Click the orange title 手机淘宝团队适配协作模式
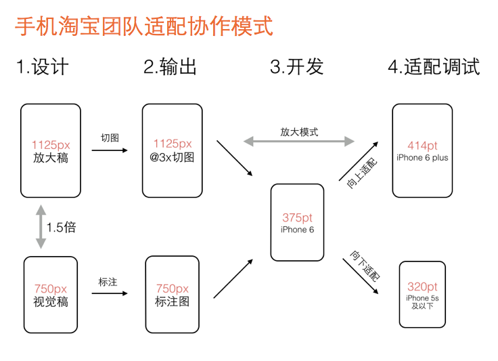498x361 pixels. click(144, 26)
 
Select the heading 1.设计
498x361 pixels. click(43, 67)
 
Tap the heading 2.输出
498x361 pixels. click(170, 67)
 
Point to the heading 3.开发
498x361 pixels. click(296, 67)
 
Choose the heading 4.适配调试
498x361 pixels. click(434, 67)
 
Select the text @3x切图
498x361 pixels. click(172, 157)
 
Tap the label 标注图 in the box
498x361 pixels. click(172, 301)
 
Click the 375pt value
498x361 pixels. click(297, 217)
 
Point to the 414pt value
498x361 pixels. click(422, 146)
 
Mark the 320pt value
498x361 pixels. click(422, 286)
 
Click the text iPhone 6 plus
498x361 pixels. click(422, 158)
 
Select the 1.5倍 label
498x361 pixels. click(62, 227)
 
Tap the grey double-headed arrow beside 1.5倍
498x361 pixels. click(41, 227)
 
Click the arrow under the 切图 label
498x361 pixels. click(110, 150)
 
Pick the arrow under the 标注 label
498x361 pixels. click(110, 293)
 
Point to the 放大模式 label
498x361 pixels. click(299, 132)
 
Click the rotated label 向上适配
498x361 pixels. click(362, 173)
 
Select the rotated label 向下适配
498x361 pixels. click(365, 266)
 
